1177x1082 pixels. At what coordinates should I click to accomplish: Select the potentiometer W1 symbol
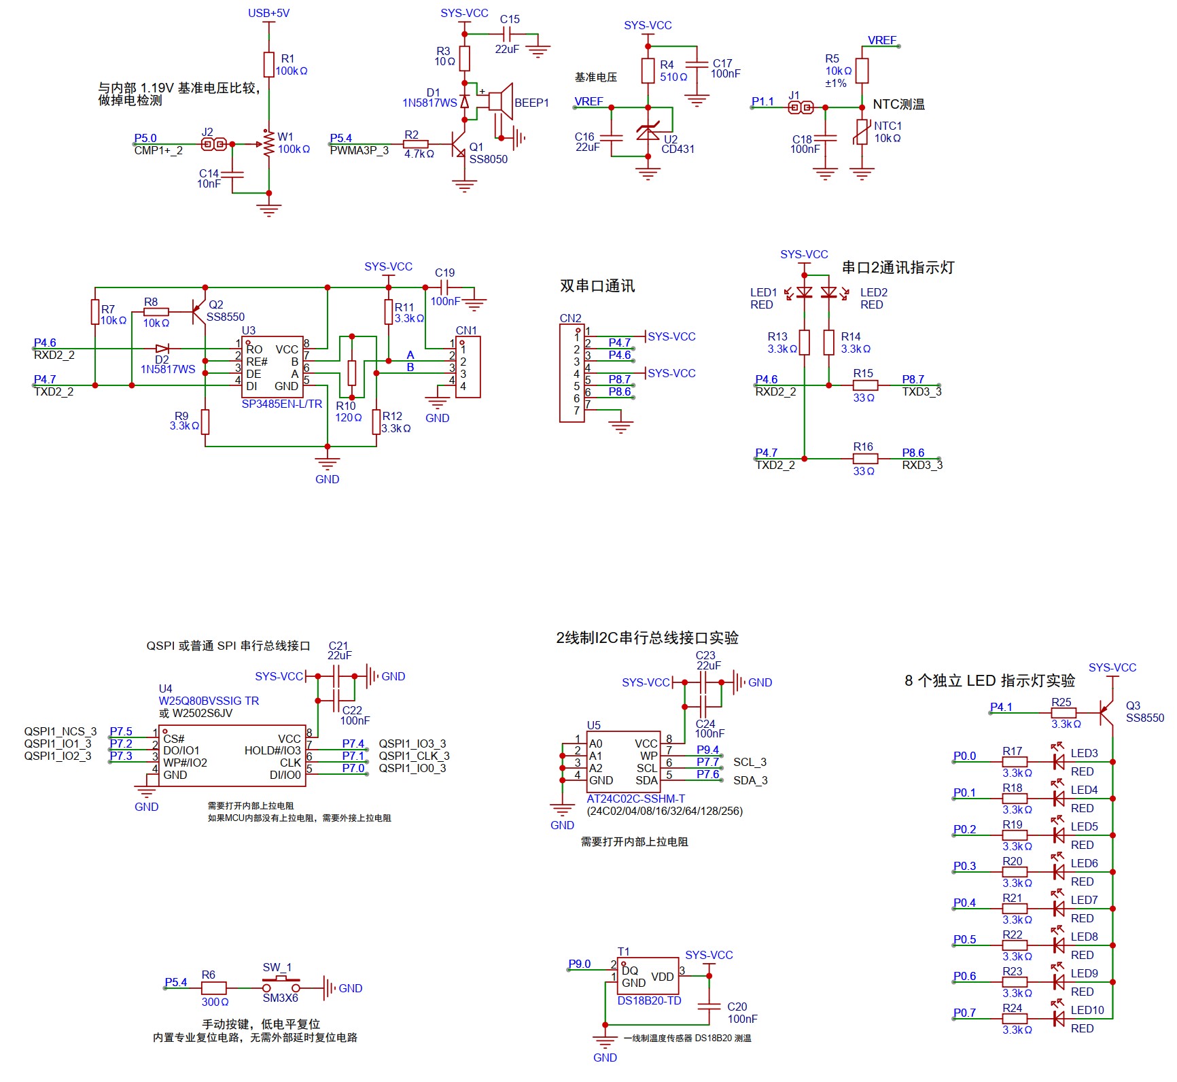click(x=269, y=143)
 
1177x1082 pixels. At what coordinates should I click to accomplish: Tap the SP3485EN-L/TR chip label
click(x=281, y=404)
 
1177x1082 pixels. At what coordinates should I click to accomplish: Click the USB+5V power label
click(x=268, y=13)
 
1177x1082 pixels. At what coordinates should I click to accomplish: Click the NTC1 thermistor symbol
click(x=862, y=133)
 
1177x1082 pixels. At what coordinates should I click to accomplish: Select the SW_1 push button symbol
click(x=281, y=986)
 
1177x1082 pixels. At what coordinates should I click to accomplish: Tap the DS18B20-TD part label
click(x=649, y=1000)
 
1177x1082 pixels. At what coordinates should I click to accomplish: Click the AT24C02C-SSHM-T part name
click(x=635, y=799)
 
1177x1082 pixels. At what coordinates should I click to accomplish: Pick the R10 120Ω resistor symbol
click(x=351, y=373)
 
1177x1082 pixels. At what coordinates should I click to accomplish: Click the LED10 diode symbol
click(x=1058, y=1019)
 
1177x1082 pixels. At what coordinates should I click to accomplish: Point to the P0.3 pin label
click(x=964, y=866)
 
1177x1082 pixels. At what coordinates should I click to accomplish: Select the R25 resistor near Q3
click(x=1064, y=712)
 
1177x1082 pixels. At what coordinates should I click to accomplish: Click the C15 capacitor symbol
click(x=506, y=33)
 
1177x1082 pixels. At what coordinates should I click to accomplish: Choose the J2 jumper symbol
click(x=215, y=144)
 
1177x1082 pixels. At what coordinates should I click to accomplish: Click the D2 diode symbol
click(x=162, y=349)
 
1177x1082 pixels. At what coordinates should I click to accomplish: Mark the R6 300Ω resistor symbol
click(x=213, y=988)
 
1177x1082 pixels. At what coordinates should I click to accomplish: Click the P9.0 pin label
click(x=579, y=964)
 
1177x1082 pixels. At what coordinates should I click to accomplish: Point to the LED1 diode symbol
click(x=805, y=293)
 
